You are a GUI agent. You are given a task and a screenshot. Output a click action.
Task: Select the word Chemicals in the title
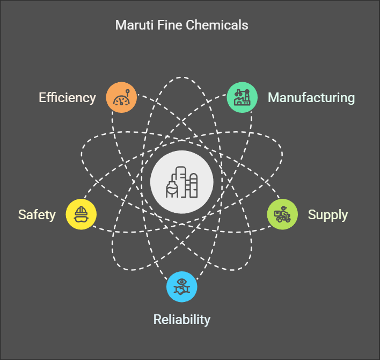pyautogui.click(x=217, y=25)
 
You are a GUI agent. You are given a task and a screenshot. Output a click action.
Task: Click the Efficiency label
pyautogui.click(x=68, y=98)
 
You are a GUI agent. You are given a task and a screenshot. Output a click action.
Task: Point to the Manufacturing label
pyautogui.click(x=311, y=97)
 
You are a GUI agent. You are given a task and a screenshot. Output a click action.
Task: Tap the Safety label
pyautogui.click(x=37, y=215)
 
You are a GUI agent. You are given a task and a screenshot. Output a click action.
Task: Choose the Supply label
pyautogui.click(x=327, y=215)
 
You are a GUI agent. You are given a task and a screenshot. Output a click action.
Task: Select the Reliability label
pyautogui.click(x=182, y=320)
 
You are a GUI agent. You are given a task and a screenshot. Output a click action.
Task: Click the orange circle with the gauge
pyautogui.click(x=121, y=97)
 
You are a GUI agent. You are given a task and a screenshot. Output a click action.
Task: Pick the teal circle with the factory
pyautogui.click(x=242, y=97)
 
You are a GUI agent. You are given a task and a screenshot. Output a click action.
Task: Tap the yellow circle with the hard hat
pyautogui.click(x=81, y=214)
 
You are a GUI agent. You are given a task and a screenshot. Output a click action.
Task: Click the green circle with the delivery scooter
pyautogui.click(x=282, y=214)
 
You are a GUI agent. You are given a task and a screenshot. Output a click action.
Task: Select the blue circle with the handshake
pyautogui.click(x=182, y=287)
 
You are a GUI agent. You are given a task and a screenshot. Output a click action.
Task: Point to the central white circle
pyautogui.click(x=182, y=182)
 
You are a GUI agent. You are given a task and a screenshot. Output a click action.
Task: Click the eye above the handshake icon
pyautogui.click(x=182, y=282)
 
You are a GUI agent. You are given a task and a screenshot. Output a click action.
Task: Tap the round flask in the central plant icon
pyautogui.click(x=172, y=189)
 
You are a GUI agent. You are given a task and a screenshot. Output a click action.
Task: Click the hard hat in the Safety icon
pyautogui.click(x=81, y=211)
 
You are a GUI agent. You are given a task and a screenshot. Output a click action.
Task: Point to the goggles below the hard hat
pyautogui.click(x=81, y=219)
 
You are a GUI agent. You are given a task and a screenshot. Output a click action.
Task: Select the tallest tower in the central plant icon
pyautogui.click(x=181, y=182)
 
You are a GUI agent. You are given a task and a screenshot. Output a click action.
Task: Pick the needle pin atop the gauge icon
pyautogui.click(x=128, y=93)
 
